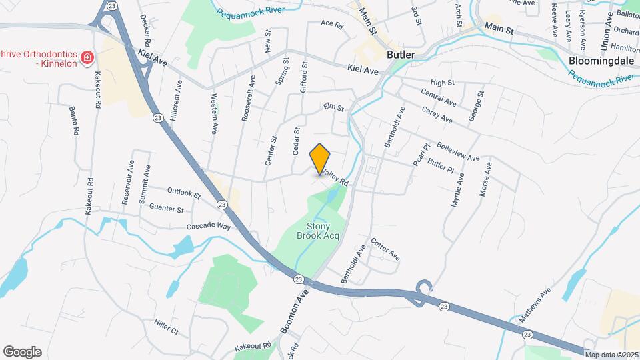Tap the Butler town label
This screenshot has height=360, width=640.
pyautogui.click(x=400, y=55)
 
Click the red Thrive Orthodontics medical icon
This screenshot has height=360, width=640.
pyautogui.click(x=86, y=59)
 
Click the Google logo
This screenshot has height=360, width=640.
pyautogui.click(x=22, y=352)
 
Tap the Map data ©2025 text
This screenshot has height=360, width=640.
pyautogui.click(x=611, y=354)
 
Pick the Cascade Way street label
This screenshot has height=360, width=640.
pyautogui.click(x=208, y=226)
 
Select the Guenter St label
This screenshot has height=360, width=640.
pyautogui.click(x=167, y=209)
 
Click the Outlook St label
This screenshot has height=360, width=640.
pyautogui.click(x=184, y=194)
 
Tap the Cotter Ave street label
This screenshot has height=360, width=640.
pyautogui.click(x=385, y=249)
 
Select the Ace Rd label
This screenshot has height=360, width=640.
pyautogui.click(x=331, y=25)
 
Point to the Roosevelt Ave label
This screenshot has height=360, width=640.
pyautogui.click(x=248, y=99)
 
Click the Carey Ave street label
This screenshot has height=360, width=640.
pyautogui.click(x=437, y=114)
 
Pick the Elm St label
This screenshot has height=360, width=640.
pyautogui.click(x=333, y=107)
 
